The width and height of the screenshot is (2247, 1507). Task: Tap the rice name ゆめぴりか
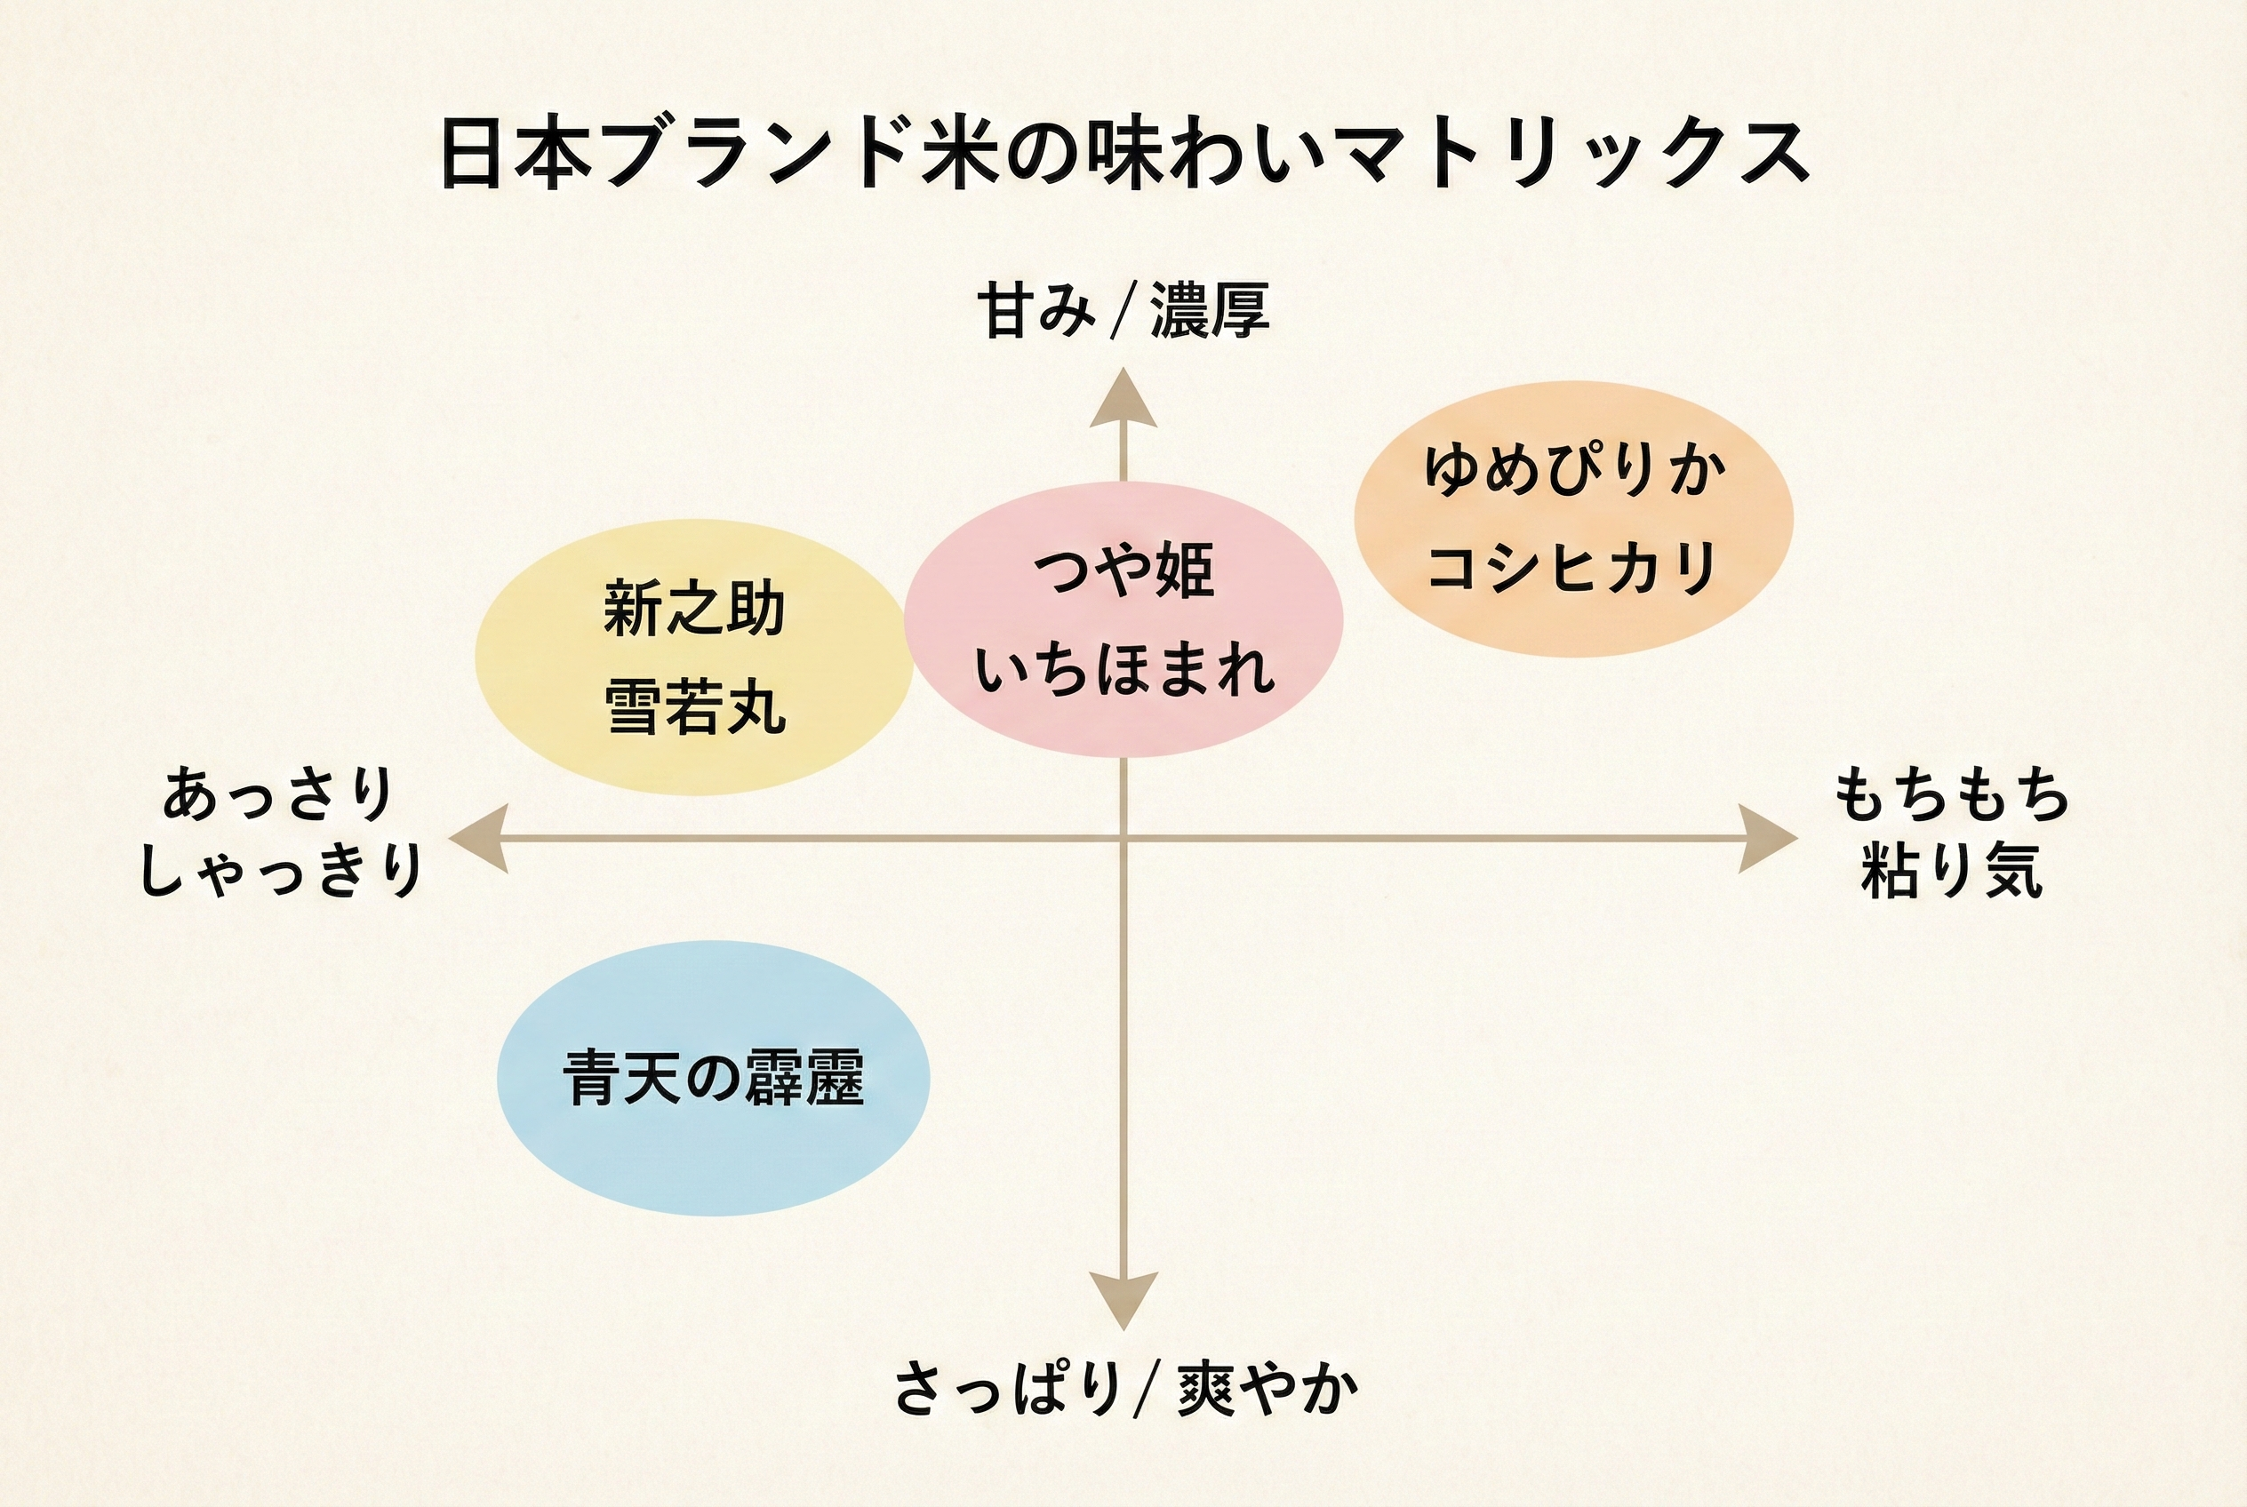click(x=1574, y=470)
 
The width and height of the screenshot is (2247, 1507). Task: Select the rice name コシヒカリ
click(x=1573, y=567)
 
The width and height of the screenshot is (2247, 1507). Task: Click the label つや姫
click(x=1123, y=570)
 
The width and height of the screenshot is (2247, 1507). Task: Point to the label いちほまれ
click(x=1123, y=670)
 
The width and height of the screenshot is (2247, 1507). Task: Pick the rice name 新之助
click(x=694, y=610)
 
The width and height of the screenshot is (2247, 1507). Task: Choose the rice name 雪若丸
click(x=695, y=708)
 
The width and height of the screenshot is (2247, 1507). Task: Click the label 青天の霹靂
click(x=713, y=1078)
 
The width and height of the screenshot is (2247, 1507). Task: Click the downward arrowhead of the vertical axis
click(x=1123, y=1298)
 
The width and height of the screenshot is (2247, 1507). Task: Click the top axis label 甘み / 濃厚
click(x=1123, y=310)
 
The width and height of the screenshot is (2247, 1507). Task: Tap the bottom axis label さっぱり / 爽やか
click(x=1125, y=1389)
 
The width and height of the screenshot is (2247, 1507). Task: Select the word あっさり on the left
click(x=279, y=795)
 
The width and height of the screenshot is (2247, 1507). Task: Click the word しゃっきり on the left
click(x=281, y=871)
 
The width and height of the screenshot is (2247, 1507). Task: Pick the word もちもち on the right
click(x=1951, y=796)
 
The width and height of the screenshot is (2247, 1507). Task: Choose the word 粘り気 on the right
click(x=1952, y=871)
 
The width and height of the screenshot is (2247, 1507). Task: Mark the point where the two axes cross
click(x=1123, y=838)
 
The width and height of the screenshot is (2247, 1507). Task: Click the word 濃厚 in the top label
click(x=1210, y=310)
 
